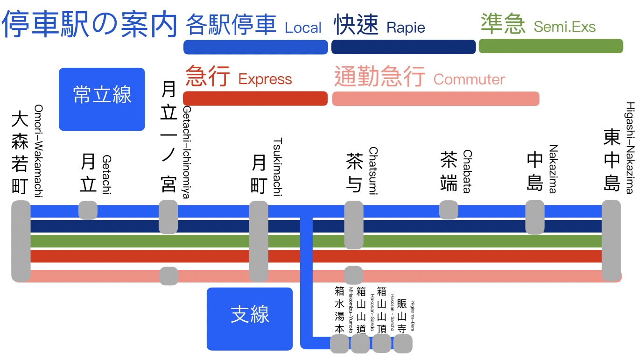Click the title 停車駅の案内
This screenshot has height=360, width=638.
(x=90, y=24)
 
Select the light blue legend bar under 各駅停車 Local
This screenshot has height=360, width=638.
(x=255, y=47)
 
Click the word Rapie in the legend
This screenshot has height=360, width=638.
(x=406, y=28)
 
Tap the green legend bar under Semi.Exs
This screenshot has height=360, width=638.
(x=551, y=46)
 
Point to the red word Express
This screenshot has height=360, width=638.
(x=265, y=79)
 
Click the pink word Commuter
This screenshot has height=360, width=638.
(x=469, y=79)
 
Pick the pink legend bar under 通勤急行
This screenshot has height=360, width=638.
(x=435, y=99)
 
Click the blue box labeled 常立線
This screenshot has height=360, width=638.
(x=102, y=99)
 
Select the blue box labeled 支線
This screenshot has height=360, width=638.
(x=250, y=319)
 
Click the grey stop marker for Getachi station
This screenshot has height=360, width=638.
(x=88, y=210)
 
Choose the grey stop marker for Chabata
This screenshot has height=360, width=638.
(x=449, y=210)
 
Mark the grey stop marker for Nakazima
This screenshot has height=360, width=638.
(x=535, y=217)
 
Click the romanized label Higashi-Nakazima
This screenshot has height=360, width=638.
(x=629, y=148)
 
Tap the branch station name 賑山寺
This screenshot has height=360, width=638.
(x=402, y=316)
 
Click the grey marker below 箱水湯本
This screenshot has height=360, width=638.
(x=339, y=345)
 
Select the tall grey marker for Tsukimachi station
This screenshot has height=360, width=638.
(x=259, y=241)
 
